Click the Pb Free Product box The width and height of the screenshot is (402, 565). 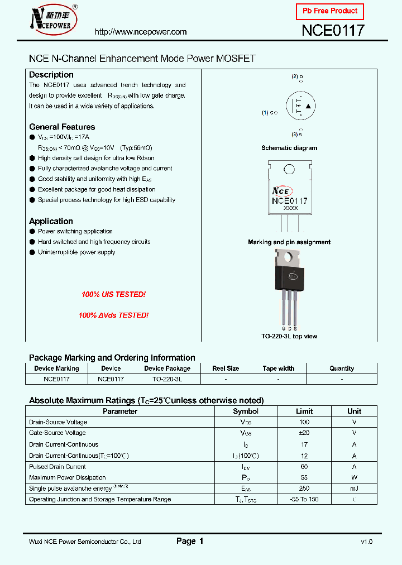(329, 11)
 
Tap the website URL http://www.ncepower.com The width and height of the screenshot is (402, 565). (141, 32)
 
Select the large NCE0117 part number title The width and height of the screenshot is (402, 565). (333, 31)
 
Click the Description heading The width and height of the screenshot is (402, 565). (51, 75)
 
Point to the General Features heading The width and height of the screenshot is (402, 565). (62, 127)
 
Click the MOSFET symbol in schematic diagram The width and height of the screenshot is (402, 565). (300, 106)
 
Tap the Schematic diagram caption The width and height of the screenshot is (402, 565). (289, 148)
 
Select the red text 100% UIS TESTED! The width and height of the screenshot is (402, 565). (113, 294)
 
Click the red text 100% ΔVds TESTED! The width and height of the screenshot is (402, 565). (113, 315)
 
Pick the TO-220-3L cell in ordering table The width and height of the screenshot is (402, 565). (167, 379)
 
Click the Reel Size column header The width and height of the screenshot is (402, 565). (226, 368)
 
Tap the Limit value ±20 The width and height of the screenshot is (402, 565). (304, 433)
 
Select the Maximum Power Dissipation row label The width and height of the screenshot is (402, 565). (67, 477)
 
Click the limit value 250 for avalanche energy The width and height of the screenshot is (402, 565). (304, 489)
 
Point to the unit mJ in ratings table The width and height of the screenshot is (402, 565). (354, 489)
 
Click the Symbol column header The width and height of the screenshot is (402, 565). (246, 411)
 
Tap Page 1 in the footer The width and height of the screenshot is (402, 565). (190, 541)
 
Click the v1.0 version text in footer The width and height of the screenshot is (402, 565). (366, 542)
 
